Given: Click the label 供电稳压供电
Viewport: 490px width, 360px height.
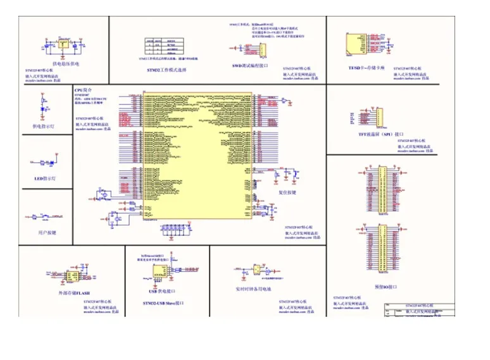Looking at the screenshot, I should (x=66, y=64).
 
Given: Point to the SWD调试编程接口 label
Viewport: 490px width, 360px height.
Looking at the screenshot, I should (x=249, y=66).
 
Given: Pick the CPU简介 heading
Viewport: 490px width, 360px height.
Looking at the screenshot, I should (x=84, y=91).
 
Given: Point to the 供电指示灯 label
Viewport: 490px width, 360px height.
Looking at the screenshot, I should (x=43, y=126).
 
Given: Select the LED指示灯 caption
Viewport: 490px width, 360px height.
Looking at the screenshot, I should (x=45, y=179).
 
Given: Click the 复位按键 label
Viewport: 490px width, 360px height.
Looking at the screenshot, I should (x=287, y=192).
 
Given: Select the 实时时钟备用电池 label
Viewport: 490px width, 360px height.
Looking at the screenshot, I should (x=253, y=289).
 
